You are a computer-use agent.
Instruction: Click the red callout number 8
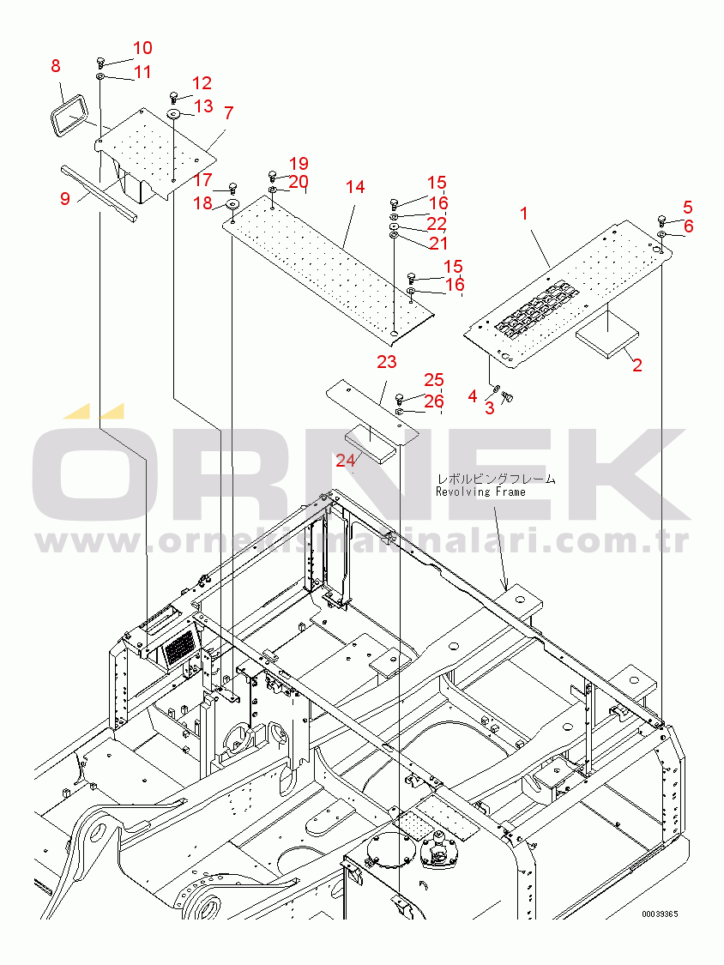pyautogui.click(x=56, y=65)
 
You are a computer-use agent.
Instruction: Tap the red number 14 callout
pyautogui.click(x=355, y=186)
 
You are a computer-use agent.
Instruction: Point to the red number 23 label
pyautogui.click(x=387, y=361)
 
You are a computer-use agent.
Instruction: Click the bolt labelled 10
pyautogui.click(x=100, y=62)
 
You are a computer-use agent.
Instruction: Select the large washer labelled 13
pyautogui.click(x=173, y=114)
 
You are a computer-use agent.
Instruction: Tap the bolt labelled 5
pyautogui.click(x=662, y=219)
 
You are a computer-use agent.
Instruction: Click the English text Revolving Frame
pyautogui.click(x=480, y=492)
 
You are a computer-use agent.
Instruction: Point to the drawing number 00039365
pyautogui.click(x=660, y=914)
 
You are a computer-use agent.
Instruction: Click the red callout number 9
pyautogui.click(x=65, y=199)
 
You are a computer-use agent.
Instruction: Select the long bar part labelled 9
pyautogui.click(x=99, y=192)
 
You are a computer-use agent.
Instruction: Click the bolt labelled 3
pyautogui.click(x=507, y=397)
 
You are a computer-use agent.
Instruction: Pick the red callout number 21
pyautogui.click(x=438, y=243)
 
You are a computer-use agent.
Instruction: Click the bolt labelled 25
pyautogui.click(x=400, y=397)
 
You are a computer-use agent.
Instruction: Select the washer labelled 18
pyautogui.click(x=233, y=204)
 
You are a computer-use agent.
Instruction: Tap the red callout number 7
pyautogui.click(x=228, y=112)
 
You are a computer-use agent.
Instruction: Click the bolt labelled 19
pyautogui.click(x=272, y=176)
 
